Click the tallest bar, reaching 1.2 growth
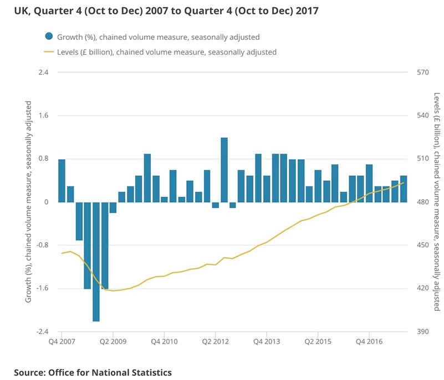click(224, 170)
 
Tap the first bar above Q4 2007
click(62, 180)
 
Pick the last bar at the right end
click(404, 189)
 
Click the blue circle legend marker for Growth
click(49, 37)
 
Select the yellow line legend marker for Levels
click(49, 52)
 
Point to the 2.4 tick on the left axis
click(43, 72)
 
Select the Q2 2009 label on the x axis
click(113, 341)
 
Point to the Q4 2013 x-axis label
click(267, 341)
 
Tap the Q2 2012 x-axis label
click(216, 341)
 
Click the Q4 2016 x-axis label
click(369, 341)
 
